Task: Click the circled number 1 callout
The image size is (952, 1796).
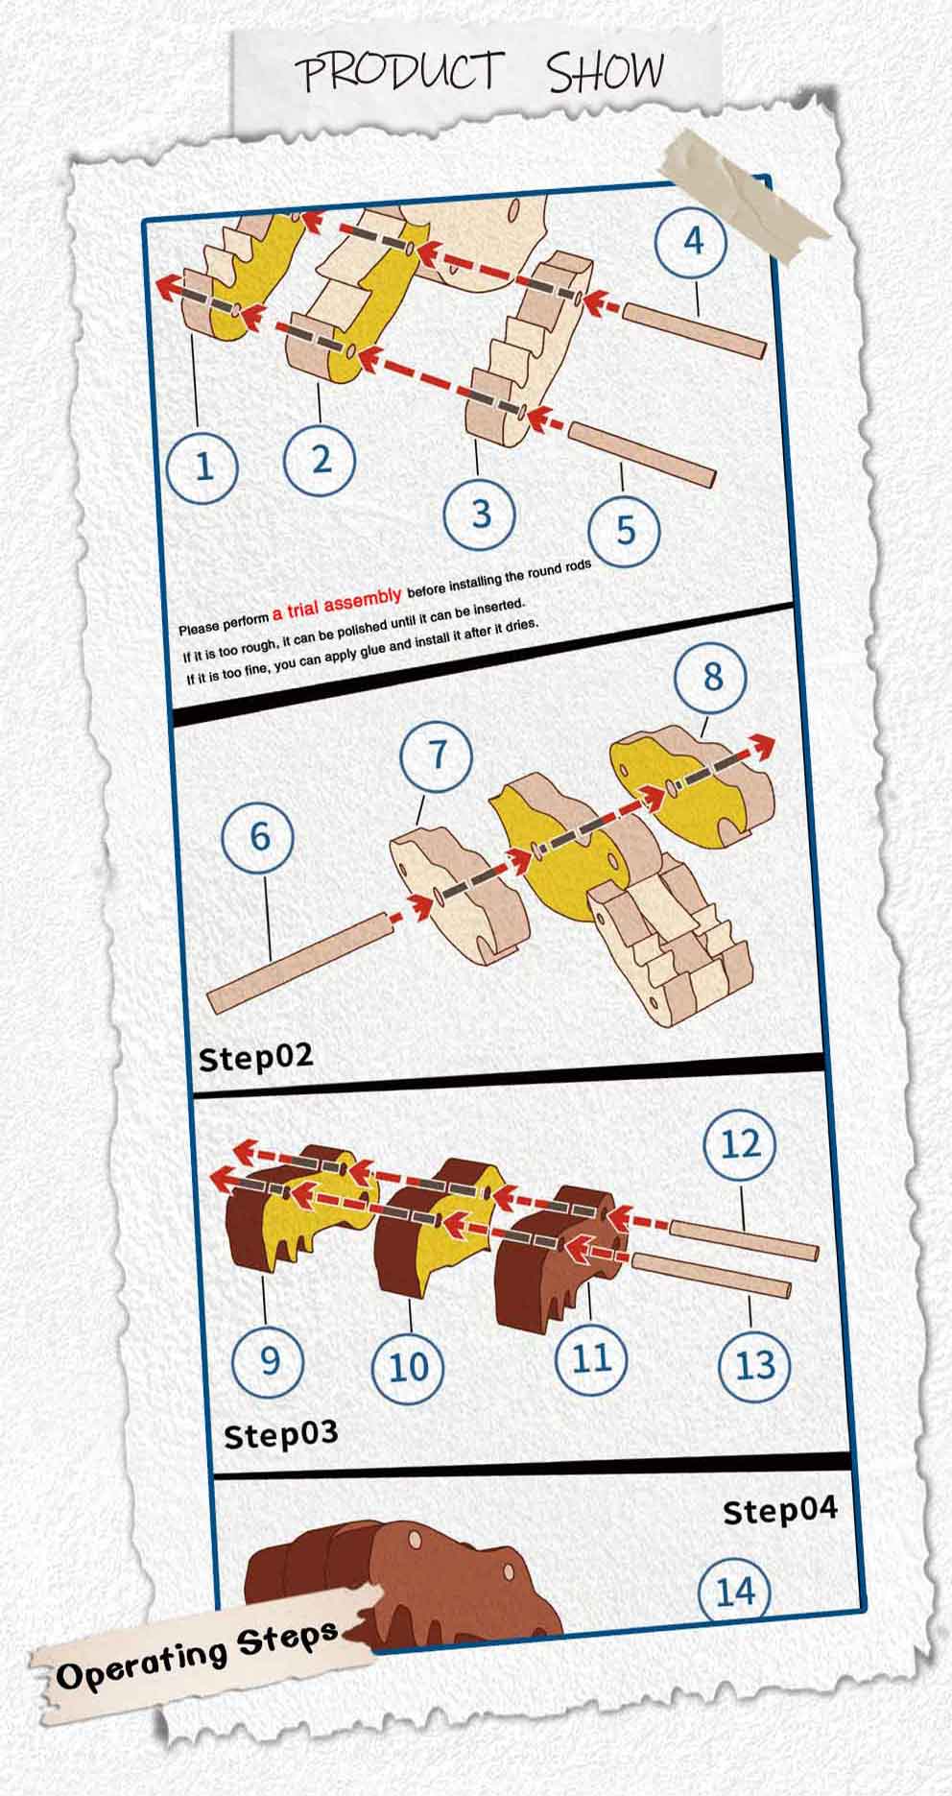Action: point(202,466)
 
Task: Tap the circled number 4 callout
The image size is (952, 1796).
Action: point(692,239)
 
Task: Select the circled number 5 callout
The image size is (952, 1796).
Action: point(625,529)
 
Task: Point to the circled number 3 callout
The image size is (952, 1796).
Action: point(481,514)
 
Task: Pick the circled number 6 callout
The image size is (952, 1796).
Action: point(259,836)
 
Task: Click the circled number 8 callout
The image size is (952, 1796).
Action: point(712,677)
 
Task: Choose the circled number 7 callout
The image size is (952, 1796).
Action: point(437,754)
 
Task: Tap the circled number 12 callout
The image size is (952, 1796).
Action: point(740,1144)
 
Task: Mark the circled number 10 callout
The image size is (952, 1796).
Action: point(409,1366)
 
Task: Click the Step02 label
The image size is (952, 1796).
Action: point(255,1057)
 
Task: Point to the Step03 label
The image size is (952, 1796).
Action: point(280,1435)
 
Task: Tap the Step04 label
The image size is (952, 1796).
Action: point(779,1510)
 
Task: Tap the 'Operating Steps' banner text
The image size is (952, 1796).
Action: point(197,1653)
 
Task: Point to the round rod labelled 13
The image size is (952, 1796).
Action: point(711,1274)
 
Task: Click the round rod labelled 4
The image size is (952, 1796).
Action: point(695,328)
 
